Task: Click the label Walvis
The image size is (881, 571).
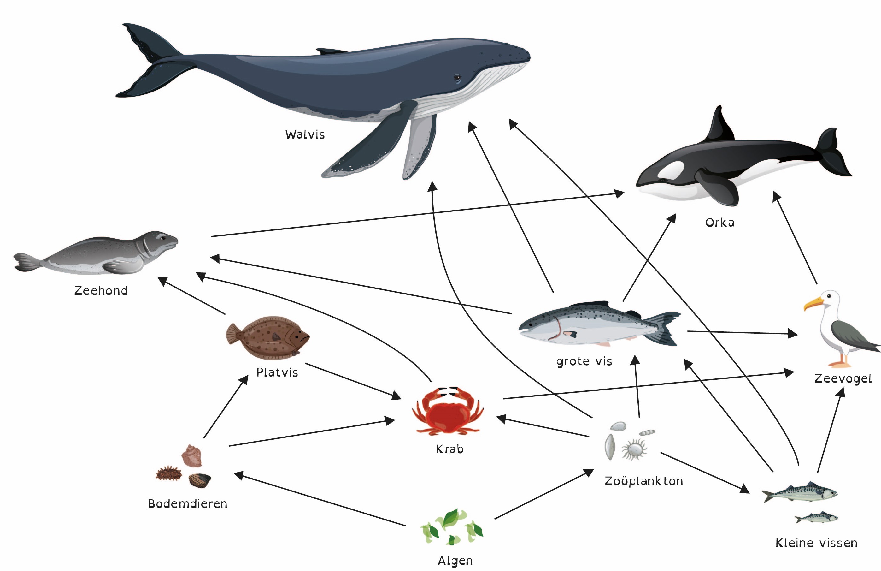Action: (x=305, y=134)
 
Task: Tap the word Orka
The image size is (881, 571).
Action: (x=719, y=223)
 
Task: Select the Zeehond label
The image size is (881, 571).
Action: (x=101, y=291)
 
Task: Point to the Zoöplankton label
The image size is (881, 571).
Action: (x=644, y=481)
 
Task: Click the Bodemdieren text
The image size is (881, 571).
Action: (x=187, y=503)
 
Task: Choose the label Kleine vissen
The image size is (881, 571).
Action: (x=816, y=543)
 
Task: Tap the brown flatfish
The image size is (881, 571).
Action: (x=268, y=337)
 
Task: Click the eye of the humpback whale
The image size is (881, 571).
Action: (x=457, y=77)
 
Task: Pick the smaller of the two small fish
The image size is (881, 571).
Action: (x=817, y=517)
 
